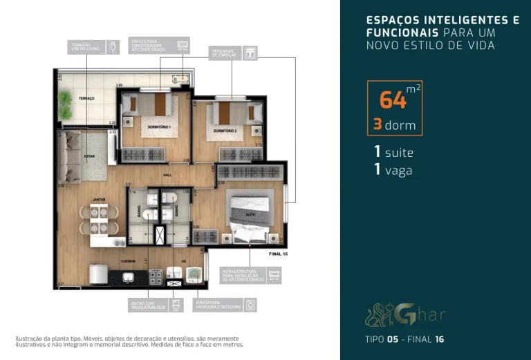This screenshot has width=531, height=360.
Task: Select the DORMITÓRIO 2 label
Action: [x=225, y=131]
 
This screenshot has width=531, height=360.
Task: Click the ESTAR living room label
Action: [x=89, y=155]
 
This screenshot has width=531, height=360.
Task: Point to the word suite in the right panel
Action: [x=400, y=152]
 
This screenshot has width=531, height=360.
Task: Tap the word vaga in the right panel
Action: [x=399, y=170]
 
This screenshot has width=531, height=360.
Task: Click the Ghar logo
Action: [x=406, y=315]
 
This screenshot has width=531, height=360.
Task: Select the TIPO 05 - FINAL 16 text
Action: [x=404, y=339]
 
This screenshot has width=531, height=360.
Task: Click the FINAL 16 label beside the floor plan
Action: [x=277, y=254]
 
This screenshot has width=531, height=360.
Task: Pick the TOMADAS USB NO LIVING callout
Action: [x=87, y=47]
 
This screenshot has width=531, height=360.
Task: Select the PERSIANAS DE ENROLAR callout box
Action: [x=233, y=53]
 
